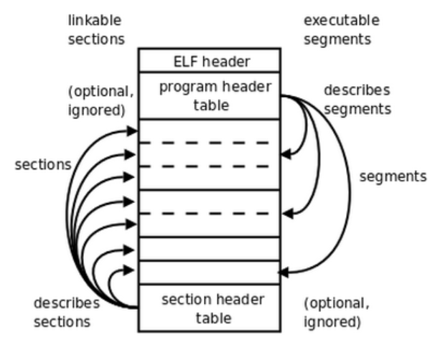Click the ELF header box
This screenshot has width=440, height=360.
coord(210,60)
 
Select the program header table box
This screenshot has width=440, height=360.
coord(210,95)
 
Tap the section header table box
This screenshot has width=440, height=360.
coord(210,308)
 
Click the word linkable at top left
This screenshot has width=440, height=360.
coord(95,21)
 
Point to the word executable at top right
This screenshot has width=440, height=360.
coord(342,21)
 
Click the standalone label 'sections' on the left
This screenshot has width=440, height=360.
coord(43,164)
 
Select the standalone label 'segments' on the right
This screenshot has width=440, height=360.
coord(393,177)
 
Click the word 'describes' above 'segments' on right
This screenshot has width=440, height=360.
coord(357,90)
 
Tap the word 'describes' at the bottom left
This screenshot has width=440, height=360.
coord(67,303)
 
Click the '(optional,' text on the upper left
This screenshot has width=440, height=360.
coord(101,91)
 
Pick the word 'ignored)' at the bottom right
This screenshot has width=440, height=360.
coord(332,322)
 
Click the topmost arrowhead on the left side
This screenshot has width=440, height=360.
coord(132,131)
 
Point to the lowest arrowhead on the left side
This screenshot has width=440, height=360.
coord(128,270)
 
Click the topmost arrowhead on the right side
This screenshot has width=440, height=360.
coord(286,154)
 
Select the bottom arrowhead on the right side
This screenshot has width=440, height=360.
coord(283,273)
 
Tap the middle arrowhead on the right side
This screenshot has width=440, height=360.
coord(288,214)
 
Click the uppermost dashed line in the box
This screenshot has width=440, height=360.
coord(205,143)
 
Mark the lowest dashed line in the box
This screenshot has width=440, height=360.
coord(205,214)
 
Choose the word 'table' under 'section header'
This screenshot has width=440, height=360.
coord(214,318)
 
